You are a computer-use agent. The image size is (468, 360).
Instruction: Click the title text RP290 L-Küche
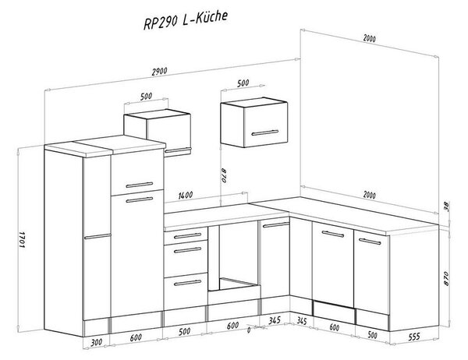(x=186, y=20)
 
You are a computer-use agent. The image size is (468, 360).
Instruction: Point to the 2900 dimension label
(x=160, y=72)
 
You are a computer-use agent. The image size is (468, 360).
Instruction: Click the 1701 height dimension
(x=22, y=238)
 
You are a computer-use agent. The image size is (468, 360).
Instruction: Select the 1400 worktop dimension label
(x=186, y=196)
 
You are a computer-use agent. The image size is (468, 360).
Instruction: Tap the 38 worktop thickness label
(x=446, y=206)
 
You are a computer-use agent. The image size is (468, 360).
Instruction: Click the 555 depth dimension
(x=414, y=337)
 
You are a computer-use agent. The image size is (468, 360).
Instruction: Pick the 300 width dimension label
(x=96, y=342)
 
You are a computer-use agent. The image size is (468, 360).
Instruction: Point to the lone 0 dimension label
(x=249, y=330)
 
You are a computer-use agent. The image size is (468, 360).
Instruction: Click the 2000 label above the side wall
(x=370, y=38)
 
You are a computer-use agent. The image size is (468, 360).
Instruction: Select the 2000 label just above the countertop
(x=370, y=195)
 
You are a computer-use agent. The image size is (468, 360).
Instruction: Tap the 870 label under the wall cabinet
(x=224, y=176)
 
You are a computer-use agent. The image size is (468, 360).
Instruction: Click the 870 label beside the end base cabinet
(x=446, y=278)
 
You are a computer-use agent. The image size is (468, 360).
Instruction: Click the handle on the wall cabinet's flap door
(x=264, y=132)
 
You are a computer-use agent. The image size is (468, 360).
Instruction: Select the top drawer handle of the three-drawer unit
(x=188, y=236)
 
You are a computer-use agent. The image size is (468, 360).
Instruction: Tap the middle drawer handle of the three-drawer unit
(x=188, y=250)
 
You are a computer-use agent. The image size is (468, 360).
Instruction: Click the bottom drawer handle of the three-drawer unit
(x=188, y=282)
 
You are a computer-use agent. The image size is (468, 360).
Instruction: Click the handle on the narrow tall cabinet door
(x=97, y=237)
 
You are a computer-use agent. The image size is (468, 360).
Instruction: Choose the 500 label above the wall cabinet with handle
(x=243, y=83)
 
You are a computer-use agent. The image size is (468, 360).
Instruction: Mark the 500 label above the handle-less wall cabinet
(x=146, y=96)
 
